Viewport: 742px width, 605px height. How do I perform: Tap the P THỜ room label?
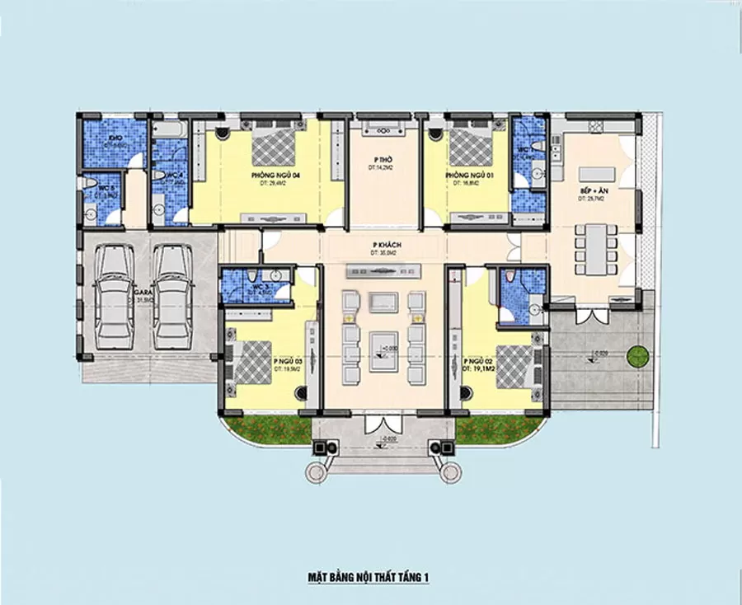click(381, 159)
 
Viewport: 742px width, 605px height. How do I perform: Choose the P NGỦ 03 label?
click(286, 361)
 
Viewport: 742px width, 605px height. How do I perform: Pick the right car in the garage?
click(172, 296)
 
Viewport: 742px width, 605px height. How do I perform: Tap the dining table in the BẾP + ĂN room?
click(593, 246)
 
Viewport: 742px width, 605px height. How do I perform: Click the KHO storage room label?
click(115, 138)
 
